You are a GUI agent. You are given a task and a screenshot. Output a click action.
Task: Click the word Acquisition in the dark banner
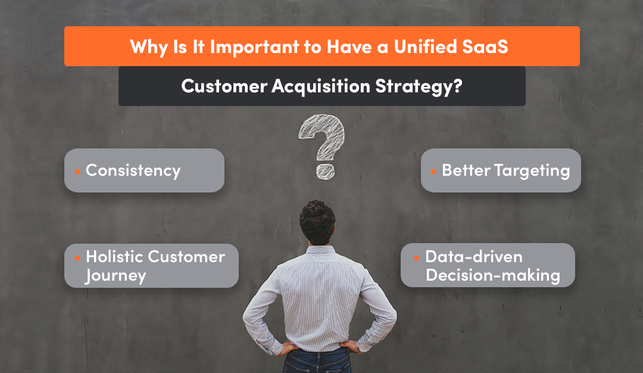tap(321, 86)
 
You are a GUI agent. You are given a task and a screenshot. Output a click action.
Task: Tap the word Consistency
tap(133, 170)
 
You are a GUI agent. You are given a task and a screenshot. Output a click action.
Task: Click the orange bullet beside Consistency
tap(77, 172)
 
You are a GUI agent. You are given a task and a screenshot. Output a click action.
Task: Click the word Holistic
tap(115, 257)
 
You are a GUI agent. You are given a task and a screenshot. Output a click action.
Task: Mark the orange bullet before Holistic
tap(77, 258)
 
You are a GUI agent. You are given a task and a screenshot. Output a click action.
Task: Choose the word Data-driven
tap(473, 257)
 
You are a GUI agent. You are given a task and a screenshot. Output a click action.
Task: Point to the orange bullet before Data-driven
tap(416, 258)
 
